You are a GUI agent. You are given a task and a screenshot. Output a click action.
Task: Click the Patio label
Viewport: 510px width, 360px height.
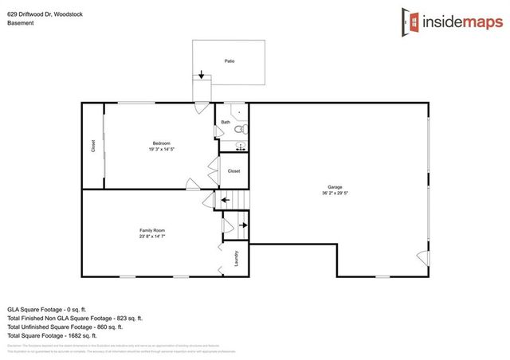point(229,61)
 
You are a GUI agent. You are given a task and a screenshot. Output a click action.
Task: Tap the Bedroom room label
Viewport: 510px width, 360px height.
point(162,143)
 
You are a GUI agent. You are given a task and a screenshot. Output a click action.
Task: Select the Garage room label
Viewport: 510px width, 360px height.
point(334,186)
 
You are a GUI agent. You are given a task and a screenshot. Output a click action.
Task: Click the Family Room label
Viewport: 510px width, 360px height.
point(152,230)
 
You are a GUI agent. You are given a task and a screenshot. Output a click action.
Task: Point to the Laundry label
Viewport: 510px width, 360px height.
point(237,258)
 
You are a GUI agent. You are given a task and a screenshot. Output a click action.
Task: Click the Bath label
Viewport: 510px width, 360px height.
point(226,122)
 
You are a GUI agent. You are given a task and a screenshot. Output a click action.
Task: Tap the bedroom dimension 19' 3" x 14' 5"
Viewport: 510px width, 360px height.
point(162,150)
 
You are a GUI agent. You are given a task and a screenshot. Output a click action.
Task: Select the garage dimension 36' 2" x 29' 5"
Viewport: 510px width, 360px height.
point(334,193)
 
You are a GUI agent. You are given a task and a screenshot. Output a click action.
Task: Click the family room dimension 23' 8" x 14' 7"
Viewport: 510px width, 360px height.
point(152,237)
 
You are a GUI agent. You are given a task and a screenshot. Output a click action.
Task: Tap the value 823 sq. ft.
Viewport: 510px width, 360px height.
point(128,318)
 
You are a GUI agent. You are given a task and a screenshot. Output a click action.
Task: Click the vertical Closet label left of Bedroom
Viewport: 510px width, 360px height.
point(92,147)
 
